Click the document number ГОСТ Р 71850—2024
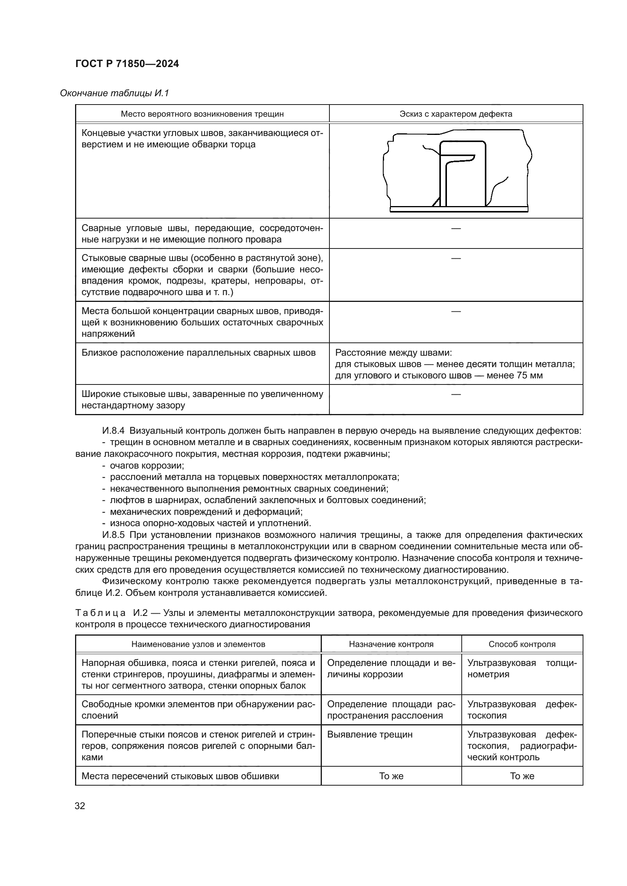tap(127, 64)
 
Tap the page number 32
tap(80, 806)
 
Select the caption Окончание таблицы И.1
tap(114, 94)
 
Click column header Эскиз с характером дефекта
tap(456, 114)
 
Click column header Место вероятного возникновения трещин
tap(202, 114)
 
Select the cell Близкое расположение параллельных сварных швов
tap(198, 353)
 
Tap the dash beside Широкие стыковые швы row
tap(456, 394)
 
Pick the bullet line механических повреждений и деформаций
tap(206, 512)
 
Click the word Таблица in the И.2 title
tap(100, 613)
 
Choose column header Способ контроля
tap(522, 644)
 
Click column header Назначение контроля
tap(391, 644)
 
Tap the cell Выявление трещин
tap(370, 734)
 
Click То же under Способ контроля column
tap(522, 776)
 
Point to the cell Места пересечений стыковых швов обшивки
tap(180, 776)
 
